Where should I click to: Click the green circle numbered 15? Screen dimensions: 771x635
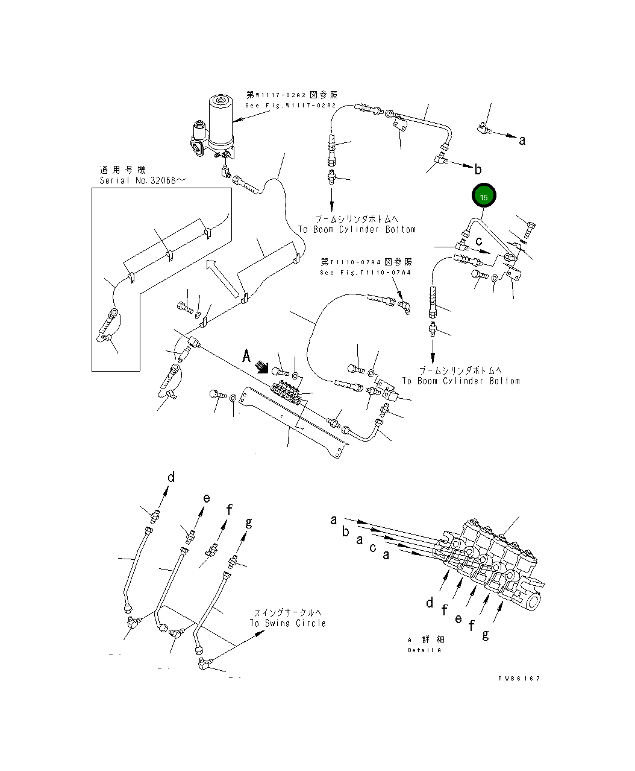click(484, 197)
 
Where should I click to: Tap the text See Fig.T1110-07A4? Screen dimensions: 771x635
click(366, 273)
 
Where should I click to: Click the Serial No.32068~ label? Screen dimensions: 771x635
click(138, 180)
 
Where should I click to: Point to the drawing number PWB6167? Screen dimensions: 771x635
click(519, 679)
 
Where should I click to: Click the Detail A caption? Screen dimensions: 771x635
click(424, 650)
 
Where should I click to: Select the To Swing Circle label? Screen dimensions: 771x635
click(288, 623)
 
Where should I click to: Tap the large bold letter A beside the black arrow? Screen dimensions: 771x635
click(246, 357)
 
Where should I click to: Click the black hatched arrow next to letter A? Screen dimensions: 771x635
click(262, 367)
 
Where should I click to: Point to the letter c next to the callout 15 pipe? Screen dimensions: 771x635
click(479, 241)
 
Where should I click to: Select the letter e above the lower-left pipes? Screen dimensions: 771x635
click(206, 498)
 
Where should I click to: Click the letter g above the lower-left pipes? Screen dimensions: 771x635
click(248, 522)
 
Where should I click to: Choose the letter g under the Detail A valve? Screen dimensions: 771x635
click(486, 634)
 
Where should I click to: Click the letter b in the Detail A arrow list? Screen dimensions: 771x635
click(345, 531)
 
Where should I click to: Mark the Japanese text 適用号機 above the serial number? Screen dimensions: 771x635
click(123, 171)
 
